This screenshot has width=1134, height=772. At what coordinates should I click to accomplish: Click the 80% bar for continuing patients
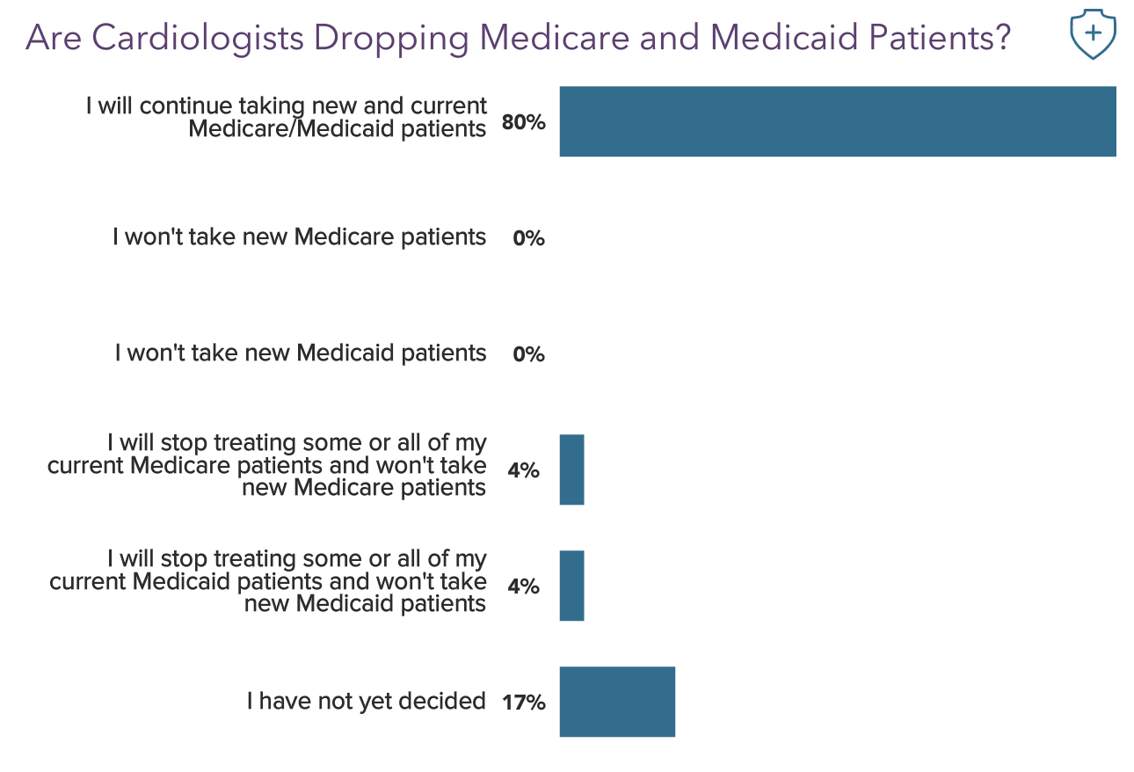pos(837,121)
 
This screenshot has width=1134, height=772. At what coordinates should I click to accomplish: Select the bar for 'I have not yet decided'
pos(617,702)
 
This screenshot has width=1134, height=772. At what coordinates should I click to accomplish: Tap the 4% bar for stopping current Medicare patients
pos(571,470)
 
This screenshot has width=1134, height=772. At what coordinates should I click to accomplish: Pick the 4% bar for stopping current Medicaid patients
pos(571,586)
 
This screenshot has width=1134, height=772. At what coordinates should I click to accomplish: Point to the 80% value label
pos(523,123)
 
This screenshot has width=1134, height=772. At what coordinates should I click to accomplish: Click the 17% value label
pos(524,703)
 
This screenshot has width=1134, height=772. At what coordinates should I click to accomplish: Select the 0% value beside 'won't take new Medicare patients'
pos(528,238)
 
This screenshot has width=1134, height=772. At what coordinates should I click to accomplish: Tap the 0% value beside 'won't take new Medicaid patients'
pos(528,354)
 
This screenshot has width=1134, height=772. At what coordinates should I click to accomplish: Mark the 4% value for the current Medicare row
pos(523,470)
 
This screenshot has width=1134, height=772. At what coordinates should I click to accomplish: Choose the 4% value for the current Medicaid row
pos(523,586)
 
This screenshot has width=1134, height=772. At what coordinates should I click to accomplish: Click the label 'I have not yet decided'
pos(366,701)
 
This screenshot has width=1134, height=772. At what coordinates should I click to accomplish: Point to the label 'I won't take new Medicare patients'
pos(299,237)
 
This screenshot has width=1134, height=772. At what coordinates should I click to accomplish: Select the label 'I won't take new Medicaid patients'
pos(300,353)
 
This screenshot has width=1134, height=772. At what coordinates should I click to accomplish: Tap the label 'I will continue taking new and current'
pos(287,106)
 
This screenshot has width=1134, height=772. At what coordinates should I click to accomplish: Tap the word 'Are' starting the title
pos(55,38)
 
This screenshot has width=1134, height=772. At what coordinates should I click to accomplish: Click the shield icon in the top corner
pos(1093,35)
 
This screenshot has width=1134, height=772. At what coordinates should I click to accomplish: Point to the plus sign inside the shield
pos(1093,33)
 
